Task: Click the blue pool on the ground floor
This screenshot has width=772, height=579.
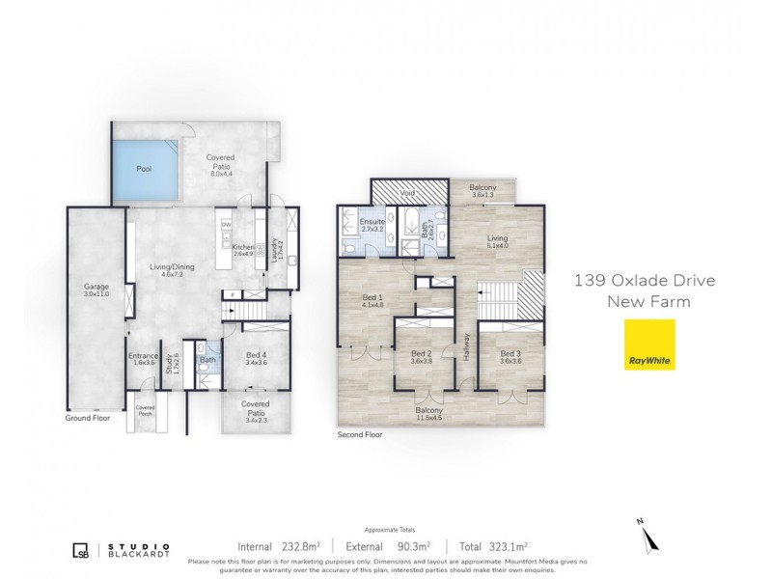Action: click(x=144, y=171)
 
